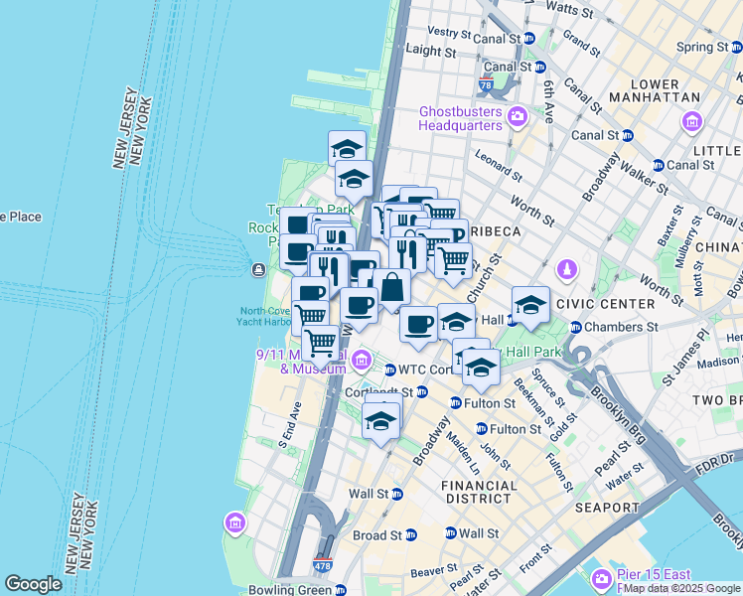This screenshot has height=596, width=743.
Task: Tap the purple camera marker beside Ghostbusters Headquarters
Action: [x=517, y=119]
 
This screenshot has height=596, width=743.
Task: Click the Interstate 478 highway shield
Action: [x=326, y=564]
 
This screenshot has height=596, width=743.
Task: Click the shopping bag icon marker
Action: [x=392, y=288]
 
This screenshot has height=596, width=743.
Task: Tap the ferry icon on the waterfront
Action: [x=258, y=269]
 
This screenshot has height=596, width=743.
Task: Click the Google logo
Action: [x=34, y=584]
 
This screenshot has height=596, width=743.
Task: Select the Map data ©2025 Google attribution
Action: [x=681, y=588]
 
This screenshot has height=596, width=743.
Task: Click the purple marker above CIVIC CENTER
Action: [x=566, y=269]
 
